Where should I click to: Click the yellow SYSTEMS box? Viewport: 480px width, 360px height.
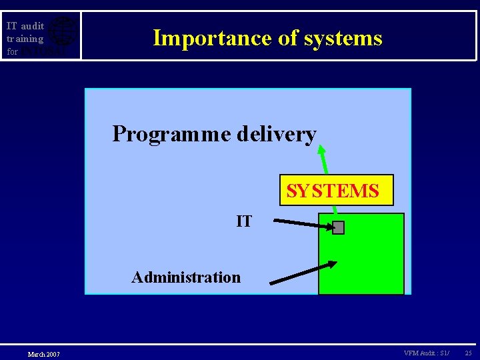click(x=336, y=191)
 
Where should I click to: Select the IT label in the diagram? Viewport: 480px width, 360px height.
click(x=244, y=221)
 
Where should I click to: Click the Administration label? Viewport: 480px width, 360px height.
click(x=186, y=277)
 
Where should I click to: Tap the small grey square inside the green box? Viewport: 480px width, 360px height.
click(x=338, y=228)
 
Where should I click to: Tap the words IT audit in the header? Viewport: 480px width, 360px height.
click(x=25, y=26)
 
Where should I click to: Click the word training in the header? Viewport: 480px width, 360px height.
click(x=25, y=39)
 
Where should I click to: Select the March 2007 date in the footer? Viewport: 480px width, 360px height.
click(x=43, y=354)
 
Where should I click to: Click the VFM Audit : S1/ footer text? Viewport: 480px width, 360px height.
click(x=426, y=353)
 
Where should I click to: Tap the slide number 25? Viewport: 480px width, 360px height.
click(x=468, y=353)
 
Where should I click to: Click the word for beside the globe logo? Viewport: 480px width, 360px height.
click(x=12, y=51)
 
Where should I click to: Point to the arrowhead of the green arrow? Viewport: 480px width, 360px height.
click(x=321, y=150)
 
